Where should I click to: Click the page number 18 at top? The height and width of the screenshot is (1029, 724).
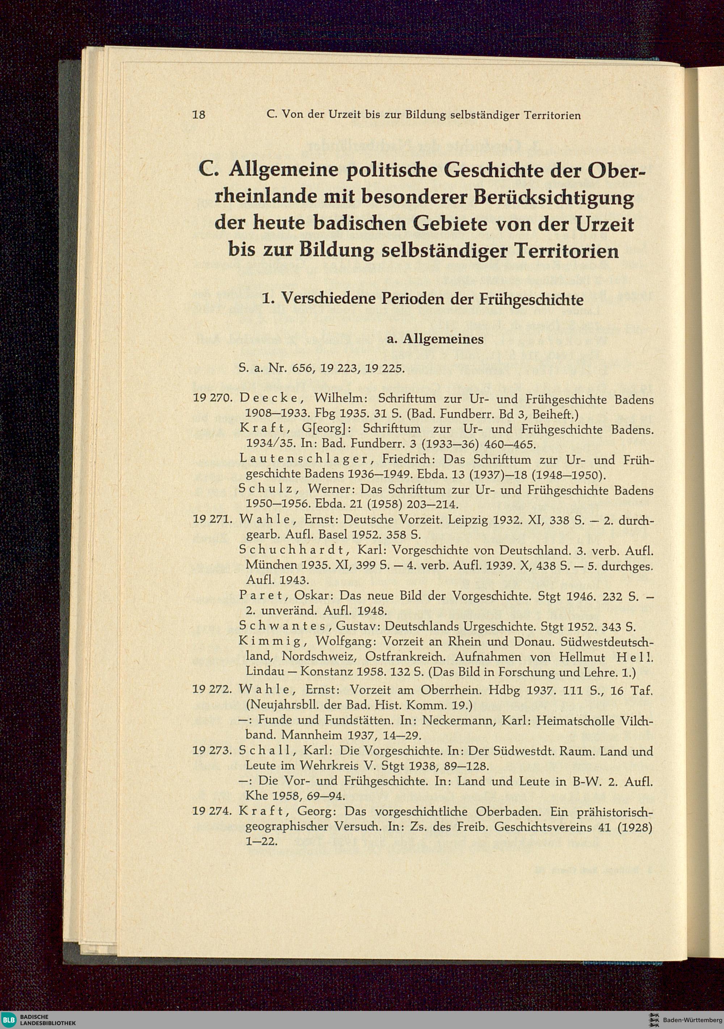point(199,115)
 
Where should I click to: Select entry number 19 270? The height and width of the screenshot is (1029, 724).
point(211,398)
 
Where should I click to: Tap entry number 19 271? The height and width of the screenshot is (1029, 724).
point(211,520)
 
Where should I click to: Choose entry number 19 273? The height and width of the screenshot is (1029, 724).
point(211,751)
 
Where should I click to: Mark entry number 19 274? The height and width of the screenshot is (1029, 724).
point(211,811)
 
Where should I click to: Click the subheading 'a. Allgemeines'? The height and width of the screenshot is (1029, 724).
point(435,339)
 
